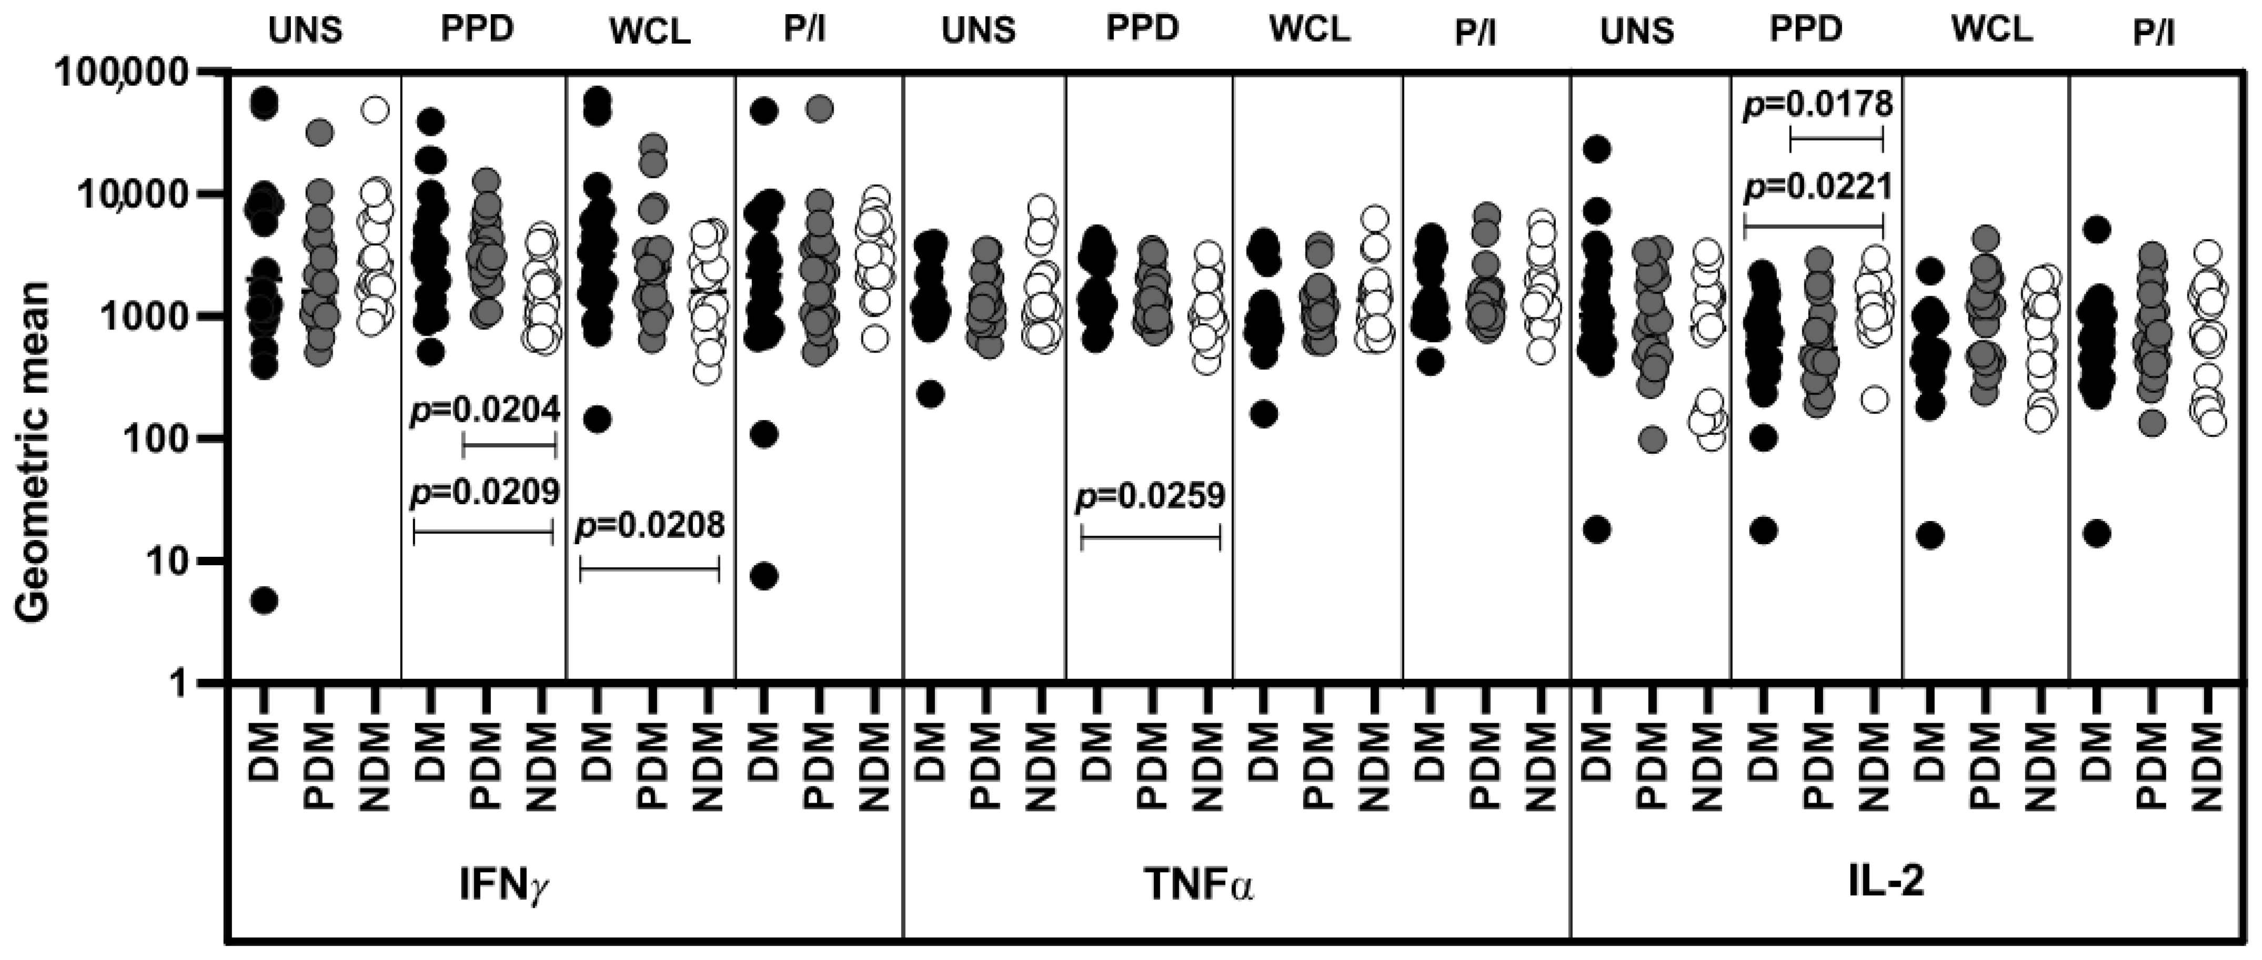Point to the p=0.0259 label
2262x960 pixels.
tap(1150, 497)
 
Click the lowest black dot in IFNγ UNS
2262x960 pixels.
tap(264, 601)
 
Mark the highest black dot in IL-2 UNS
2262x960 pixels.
tap(1595, 150)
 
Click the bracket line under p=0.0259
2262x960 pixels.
tap(1150, 537)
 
